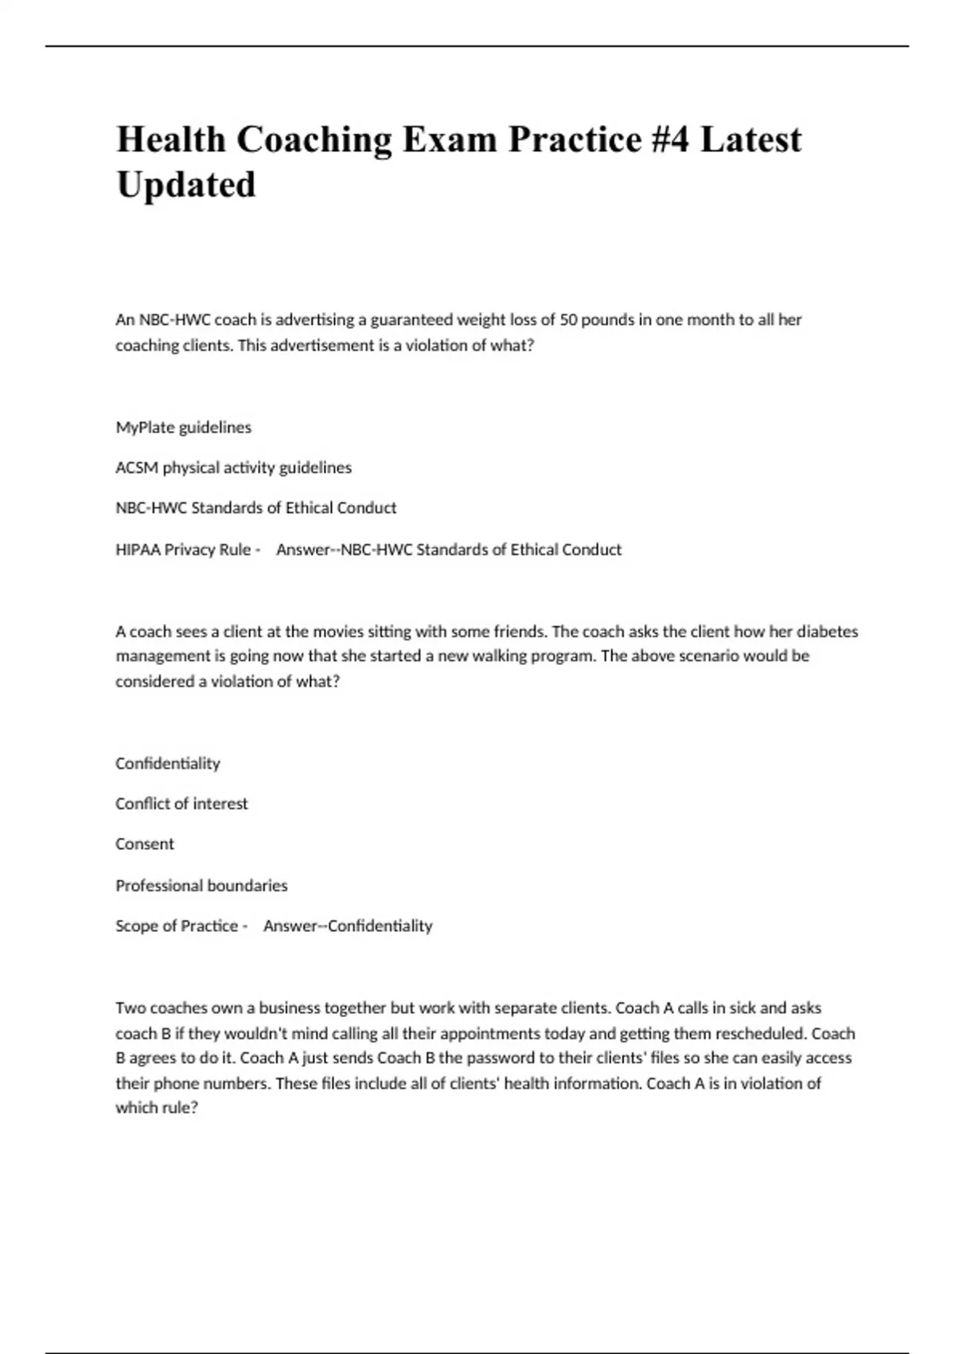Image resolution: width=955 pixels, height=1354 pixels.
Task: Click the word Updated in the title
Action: click(x=186, y=185)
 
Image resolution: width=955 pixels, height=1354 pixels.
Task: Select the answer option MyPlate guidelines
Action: click(x=183, y=428)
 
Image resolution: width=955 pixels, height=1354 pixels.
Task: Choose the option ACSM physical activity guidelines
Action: click(x=233, y=468)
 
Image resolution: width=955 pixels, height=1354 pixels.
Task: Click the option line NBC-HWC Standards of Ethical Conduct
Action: click(x=255, y=508)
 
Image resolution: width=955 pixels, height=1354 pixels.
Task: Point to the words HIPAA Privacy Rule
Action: click(x=183, y=550)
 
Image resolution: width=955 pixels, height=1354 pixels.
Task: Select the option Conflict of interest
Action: click(x=181, y=804)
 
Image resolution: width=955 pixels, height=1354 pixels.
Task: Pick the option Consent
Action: click(x=144, y=844)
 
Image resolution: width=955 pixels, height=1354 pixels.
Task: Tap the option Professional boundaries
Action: click(x=201, y=886)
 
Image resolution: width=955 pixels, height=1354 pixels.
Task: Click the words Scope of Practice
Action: click(x=177, y=926)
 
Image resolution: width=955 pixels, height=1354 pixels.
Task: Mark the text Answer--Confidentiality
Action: click(x=348, y=926)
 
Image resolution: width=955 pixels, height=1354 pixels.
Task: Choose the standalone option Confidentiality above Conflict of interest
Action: click(x=167, y=764)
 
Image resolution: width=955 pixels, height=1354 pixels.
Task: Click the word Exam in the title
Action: click(x=450, y=139)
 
